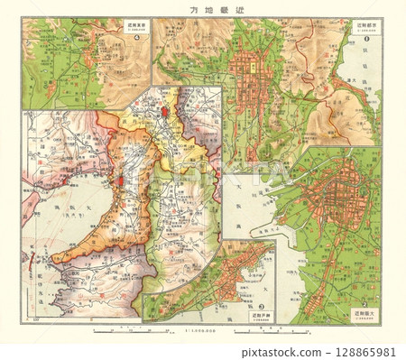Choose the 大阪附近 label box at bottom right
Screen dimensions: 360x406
tap(364, 316)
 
